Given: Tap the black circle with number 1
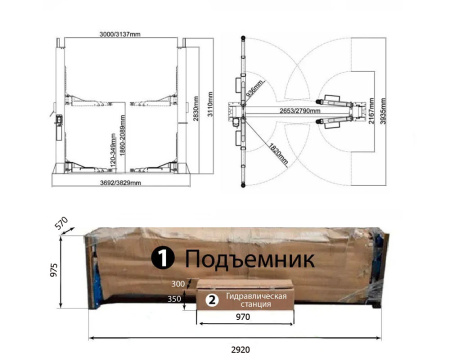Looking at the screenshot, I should (161, 259).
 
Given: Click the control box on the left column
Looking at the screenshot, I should (60, 118).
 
